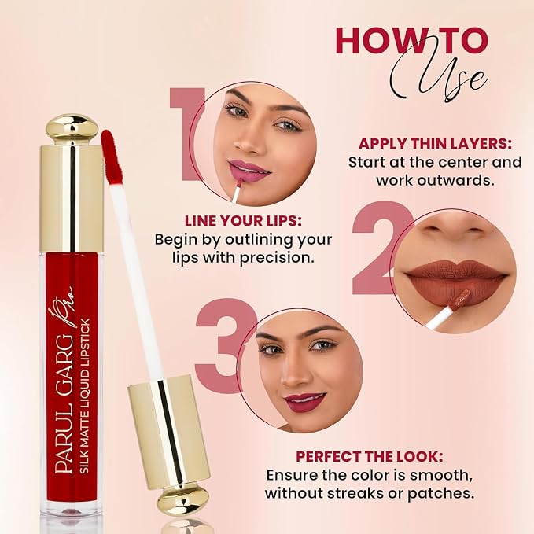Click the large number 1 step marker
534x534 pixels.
pyautogui.click(x=186, y=134)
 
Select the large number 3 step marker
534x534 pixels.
pyautogui.click(x=225, y=346)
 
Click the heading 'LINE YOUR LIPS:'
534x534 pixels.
pyautogui.click(x=243, y=221)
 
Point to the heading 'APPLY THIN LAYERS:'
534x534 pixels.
pyautogui.click(x=435, y=144)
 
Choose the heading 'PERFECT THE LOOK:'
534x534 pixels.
pyautogui.click(x=370, y=457)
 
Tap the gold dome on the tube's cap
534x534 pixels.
pyautogui.click(x=72, y=129)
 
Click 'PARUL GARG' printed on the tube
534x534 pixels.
pyautogui.click(x=64, y=404)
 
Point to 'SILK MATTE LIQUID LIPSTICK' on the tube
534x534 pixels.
pyautogui.click(x=84, y=396)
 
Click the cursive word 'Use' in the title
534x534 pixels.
pyautogui.click(x=440, y=76)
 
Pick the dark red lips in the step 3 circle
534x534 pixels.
pyautogui.click(x=305, y=402)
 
